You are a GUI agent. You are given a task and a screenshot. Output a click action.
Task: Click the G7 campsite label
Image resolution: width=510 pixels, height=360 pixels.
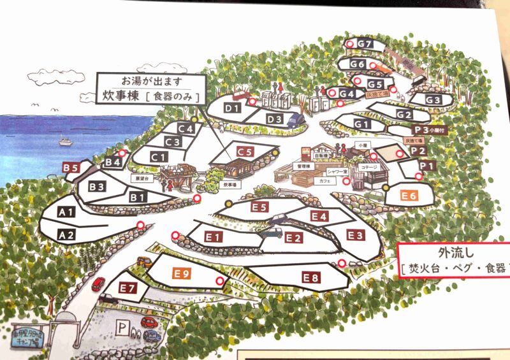[x=364, y=43]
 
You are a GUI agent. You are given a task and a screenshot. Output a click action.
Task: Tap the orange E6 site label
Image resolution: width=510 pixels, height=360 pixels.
[x=409, y=196]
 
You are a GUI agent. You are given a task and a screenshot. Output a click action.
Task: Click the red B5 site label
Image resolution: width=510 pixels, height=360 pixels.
[x=71, y=168]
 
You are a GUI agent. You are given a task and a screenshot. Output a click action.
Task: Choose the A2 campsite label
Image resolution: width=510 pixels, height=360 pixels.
[x=67, y=235]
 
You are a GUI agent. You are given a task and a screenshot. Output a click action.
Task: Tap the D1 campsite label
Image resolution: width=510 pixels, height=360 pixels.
[x=231, y=108]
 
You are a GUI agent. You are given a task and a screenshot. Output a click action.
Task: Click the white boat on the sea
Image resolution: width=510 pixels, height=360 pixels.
[x=66, y=141]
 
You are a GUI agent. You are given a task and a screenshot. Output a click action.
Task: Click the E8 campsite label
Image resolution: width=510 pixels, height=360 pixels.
[x=310, y=278]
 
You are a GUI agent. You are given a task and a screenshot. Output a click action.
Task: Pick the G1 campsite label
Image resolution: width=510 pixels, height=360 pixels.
[x=362, y=124]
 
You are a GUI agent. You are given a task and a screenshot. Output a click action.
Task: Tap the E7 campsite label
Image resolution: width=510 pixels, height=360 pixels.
[x=127, y=289]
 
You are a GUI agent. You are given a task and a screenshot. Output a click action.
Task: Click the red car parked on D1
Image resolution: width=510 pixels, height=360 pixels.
[x=240, y=96]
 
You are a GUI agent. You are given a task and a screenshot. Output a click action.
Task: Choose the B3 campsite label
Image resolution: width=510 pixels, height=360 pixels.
[x=97, y=187]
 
